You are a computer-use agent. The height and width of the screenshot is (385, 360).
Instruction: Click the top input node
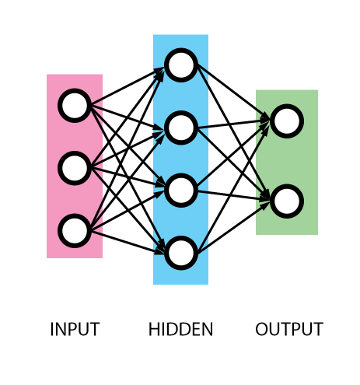coord(75,106)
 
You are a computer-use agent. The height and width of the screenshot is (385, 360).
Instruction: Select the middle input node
coord(75,168)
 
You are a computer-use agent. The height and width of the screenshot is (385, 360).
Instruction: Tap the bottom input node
coord(75,231)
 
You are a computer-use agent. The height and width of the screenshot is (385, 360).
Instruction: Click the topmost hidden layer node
coord(180,65)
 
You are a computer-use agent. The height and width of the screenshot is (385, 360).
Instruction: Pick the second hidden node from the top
coord(180,128)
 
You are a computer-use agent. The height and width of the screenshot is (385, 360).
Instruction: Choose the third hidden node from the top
coord(180,190)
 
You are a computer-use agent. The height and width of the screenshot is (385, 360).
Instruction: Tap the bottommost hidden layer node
coord(180,253)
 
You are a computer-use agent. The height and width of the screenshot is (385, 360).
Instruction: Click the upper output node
coord(287,121)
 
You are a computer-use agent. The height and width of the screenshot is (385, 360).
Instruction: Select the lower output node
coord(287,201)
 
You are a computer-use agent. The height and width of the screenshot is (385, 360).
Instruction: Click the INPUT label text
coord(75,330)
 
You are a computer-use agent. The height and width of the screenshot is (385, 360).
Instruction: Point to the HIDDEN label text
coord(180,330)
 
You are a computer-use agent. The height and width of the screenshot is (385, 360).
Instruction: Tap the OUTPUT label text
coord(288,330)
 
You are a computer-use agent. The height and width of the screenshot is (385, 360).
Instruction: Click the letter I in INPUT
coord(52,330)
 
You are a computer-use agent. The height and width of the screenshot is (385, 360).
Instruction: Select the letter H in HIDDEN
coord(154,330)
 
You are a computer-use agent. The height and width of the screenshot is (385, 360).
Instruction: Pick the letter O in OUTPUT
coord(262,330)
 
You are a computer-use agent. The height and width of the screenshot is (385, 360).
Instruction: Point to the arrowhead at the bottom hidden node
coord(161,250)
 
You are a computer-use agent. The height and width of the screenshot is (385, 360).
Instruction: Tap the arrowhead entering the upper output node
coord(267,120)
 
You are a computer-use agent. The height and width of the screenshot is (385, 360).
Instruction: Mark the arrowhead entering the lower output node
coord(267,202)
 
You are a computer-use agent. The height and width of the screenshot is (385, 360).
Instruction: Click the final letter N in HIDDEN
coord(207,330)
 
